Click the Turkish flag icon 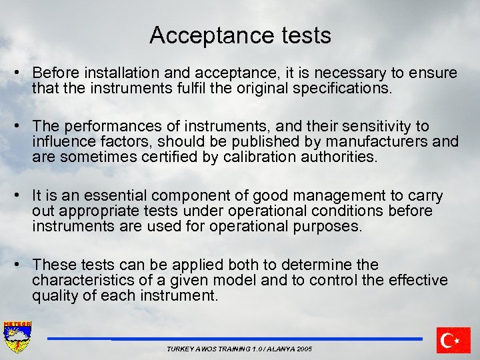(453, 340)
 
